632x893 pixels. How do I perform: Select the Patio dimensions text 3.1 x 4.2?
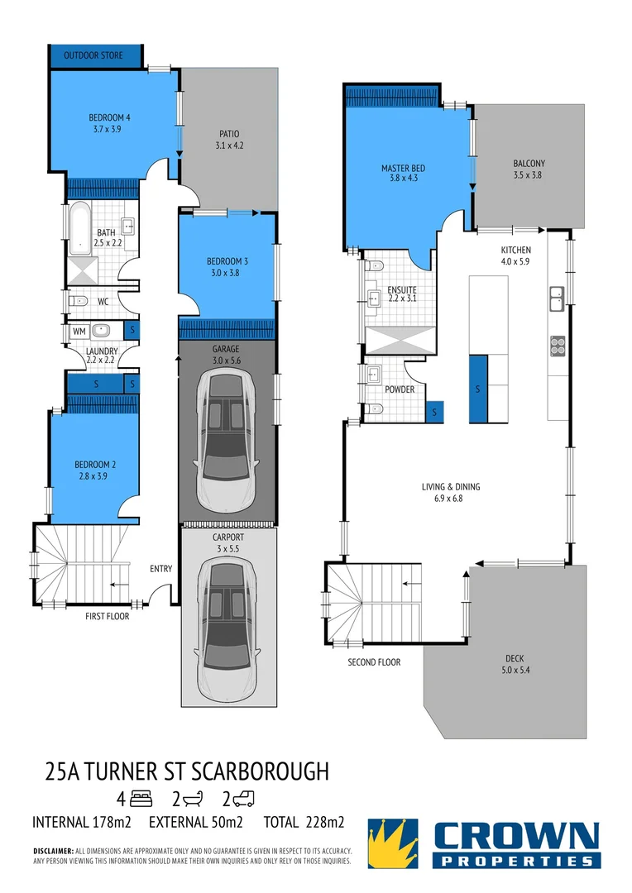click(229, 146)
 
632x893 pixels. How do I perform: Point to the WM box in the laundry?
click(79, 331)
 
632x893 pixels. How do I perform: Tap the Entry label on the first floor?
click(160, 569)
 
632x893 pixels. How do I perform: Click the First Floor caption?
click(108, 616)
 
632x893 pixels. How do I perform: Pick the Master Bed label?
click(403, 168)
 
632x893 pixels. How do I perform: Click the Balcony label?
click(529, 163)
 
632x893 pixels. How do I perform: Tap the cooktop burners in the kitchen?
click(558, 344)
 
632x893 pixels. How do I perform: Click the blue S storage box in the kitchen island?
click(477, 389)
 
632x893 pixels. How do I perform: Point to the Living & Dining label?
click(450, 487)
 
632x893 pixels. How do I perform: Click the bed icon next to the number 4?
click(143, 799)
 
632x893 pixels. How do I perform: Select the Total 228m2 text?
click(304, 823)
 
